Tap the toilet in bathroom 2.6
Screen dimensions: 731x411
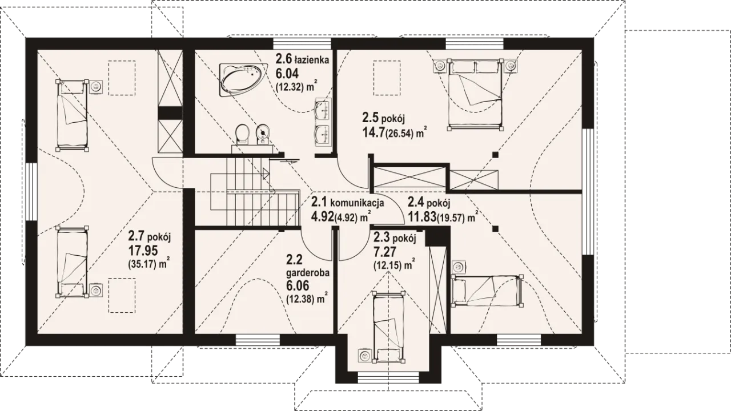(x=242, y=134)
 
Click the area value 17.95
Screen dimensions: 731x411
(x=143, y=251)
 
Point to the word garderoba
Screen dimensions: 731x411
(x=307, y=273)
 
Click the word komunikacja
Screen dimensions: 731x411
(x=357, y=203)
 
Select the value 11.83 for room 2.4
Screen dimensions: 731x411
(x=422, y=216)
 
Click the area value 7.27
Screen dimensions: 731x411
(x=384, y=252)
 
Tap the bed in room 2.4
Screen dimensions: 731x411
(x=486, y=291)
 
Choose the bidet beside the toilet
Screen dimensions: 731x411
(x=263, y=134)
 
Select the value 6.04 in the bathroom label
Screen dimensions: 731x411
(x=287, y=74)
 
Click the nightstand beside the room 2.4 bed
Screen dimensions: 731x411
(x=460, y=267)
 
